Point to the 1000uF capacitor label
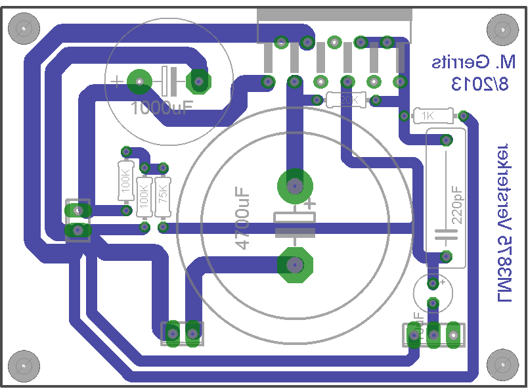click(160, 108)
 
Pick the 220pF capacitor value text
click(457, 206)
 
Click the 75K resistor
click(162, 195)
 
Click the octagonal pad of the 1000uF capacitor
click(198, 81)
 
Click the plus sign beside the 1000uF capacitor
click(116, 81)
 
